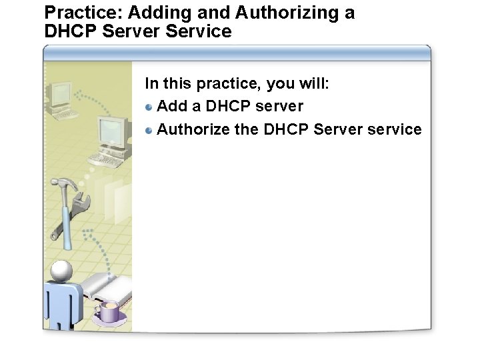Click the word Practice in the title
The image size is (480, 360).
tap(79, 13)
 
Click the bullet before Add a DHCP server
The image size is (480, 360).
tap(150, 107)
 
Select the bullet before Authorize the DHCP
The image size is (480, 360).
tap(150, 129)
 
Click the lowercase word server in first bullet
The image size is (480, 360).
tap(279, 106)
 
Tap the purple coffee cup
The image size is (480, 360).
tap(108, 311)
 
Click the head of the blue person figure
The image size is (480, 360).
tap(61, 271)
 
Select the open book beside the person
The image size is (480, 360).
tap(107, 287)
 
